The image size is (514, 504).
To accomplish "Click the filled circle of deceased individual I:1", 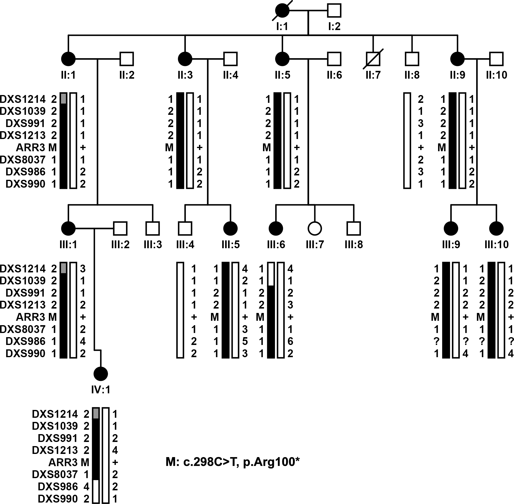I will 282,11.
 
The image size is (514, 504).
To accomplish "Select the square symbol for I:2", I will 334,11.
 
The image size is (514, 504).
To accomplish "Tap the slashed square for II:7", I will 373,59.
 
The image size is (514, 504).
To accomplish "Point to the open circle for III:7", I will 315,228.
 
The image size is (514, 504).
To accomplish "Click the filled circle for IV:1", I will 101,374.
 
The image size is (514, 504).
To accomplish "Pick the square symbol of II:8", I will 412,59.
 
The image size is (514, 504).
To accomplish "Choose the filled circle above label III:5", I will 231,228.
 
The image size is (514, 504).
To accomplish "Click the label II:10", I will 496,75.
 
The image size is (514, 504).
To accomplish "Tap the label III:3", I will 153,245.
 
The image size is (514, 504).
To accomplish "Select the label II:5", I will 282,75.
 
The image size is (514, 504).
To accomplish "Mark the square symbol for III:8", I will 354,228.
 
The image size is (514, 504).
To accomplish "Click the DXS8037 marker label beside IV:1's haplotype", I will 55,474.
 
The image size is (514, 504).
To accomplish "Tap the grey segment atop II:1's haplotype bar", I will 63,98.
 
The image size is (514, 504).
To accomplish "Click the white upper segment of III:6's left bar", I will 271,274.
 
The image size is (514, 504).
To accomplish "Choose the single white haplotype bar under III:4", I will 180,310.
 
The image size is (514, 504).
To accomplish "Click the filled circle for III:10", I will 496,228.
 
